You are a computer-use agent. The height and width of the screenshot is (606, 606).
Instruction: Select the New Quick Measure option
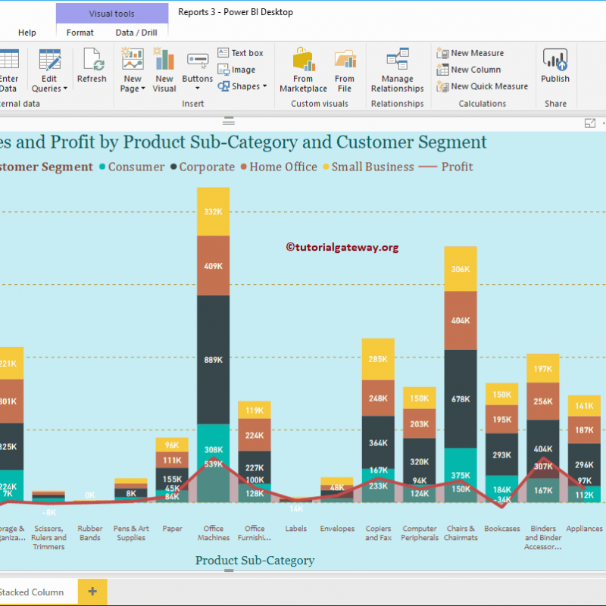tap(489, 86)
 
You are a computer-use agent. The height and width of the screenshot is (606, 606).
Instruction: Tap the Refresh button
tap(92, 66)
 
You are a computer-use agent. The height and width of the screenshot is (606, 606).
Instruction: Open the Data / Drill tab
tap(136, 33)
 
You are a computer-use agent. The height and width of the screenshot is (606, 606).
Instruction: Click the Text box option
tap(241, 53)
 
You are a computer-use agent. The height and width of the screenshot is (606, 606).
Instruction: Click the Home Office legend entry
tap(278, 167)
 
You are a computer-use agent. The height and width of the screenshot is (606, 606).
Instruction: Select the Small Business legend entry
tap(367, 167)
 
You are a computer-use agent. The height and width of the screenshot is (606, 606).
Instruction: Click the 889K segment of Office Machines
tap(213, 360)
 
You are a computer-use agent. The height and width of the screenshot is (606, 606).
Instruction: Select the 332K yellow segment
tap(213, 211)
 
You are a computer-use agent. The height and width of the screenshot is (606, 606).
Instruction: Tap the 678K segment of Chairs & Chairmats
tap(461, 398)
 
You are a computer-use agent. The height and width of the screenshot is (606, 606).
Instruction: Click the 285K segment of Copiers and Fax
tap(378, 359)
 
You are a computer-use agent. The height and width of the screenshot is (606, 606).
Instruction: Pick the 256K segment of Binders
tap(543, 401)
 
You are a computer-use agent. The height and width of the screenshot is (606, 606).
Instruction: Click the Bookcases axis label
tap(502, 529)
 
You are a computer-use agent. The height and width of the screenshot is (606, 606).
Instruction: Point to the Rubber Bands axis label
tap(90, 533)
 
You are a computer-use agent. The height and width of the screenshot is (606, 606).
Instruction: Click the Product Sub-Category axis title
tap(255, 561)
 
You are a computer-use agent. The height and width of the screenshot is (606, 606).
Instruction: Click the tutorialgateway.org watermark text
tap(342, 247)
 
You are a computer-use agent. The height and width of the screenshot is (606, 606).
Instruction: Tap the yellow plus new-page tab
tap(92, 592)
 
